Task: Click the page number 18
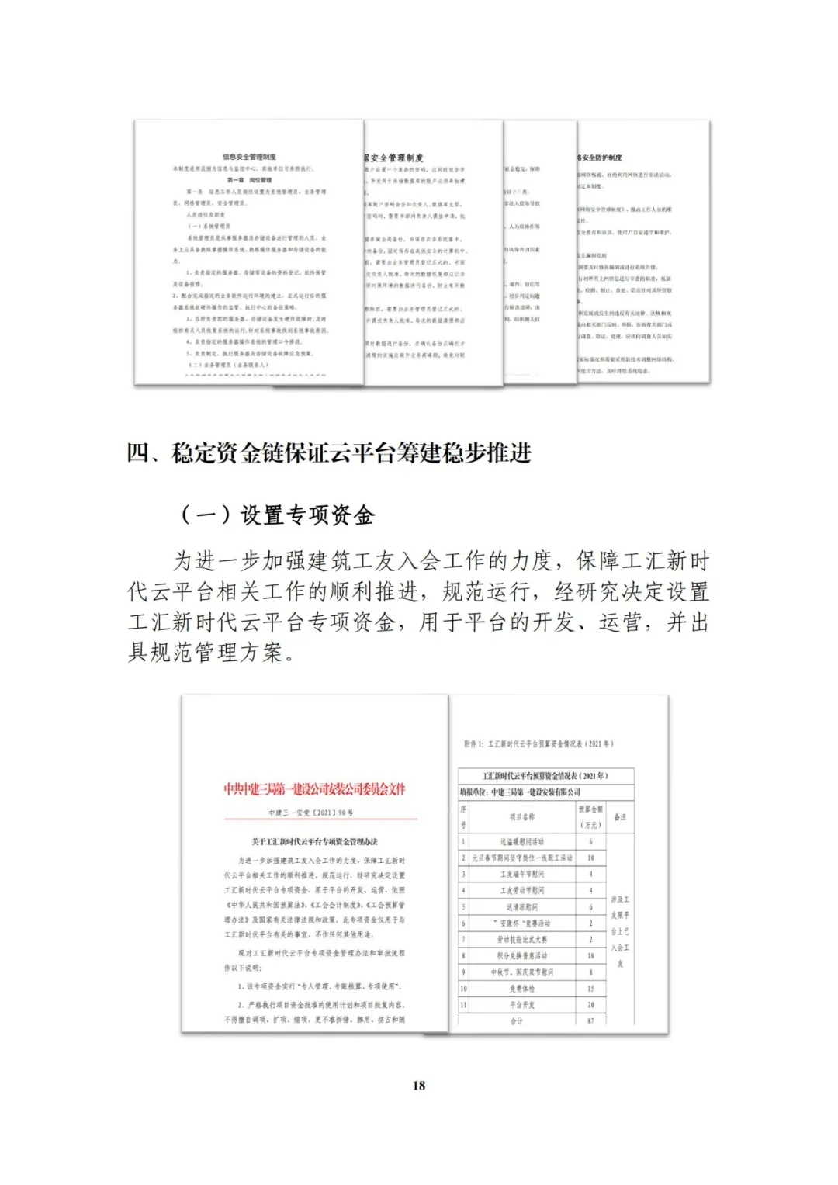pos(419,1085)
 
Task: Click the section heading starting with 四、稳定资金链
pos(329,452)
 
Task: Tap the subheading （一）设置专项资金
pos(277,515)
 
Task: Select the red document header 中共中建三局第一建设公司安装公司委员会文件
pos(314,789)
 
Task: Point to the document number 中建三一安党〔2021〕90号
pos(310,813)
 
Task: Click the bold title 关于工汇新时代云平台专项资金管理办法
pos(314,841)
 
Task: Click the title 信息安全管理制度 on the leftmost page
pos(249,157)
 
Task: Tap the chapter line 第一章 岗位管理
pos(249,180)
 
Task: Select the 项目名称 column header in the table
pos(521,816)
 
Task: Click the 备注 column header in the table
pos(619,816)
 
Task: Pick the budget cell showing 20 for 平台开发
pos(590,1004)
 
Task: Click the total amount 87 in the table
pos(590,1020)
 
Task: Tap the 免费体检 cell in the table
pos(521,988)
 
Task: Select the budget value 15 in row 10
pos(590,988)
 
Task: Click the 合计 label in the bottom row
pos(517,1020)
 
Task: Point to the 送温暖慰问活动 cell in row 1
pos(521,841)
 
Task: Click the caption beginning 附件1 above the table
pos(538,743)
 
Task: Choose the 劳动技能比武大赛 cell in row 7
pos(521,939)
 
